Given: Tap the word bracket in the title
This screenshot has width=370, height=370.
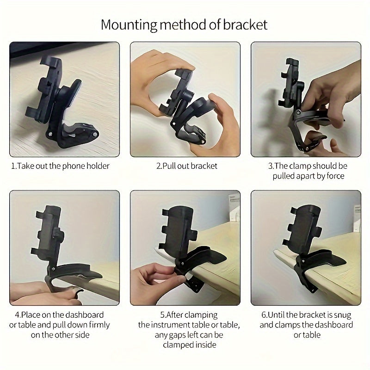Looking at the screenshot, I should tap(245, 25).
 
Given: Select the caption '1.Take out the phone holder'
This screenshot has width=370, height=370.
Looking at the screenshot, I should tap(60, 166).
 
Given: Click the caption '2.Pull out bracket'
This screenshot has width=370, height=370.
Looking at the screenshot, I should tap(186, 166).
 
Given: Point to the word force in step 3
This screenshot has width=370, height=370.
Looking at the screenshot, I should tap(334, 176).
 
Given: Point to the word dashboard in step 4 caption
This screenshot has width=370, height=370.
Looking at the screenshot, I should tap(84, 314).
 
